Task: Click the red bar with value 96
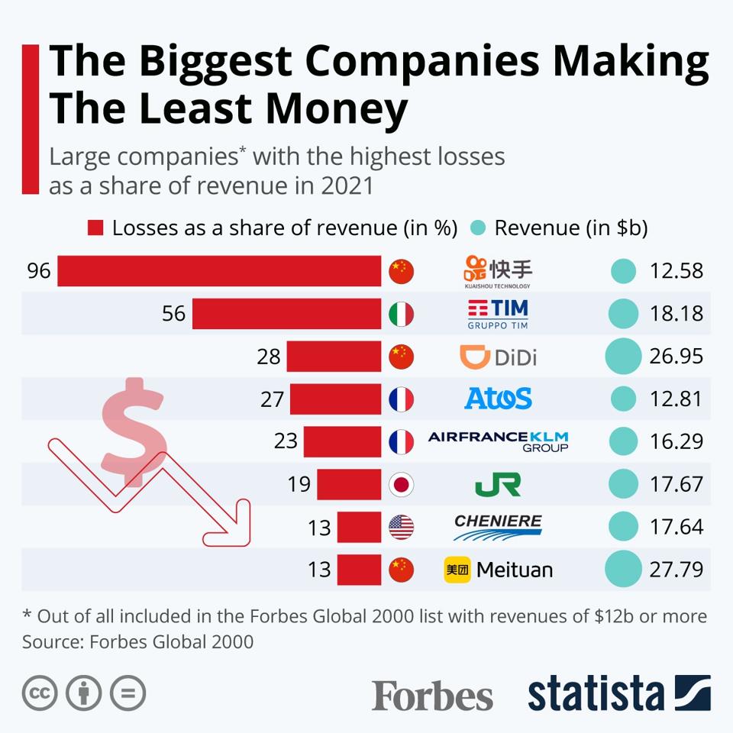point(219,271)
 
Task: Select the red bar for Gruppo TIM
point(286,314)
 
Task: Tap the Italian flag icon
point(401,314)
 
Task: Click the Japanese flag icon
point(401,484)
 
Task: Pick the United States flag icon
point(401,527)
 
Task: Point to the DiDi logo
point(498,357)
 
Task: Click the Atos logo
point(498,399)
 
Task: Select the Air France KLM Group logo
point(498,441)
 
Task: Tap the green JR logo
point(498,484)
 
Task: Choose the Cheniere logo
point(498,527)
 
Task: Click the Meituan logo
point(498,570)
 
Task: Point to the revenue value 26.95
point(676,357)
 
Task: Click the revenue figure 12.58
point(676,271)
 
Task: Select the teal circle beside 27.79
point(623,570)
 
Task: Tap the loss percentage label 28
point(269,357)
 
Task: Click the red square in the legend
point(95,228)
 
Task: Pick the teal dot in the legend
point(478,228)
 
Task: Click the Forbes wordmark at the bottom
point(432,695)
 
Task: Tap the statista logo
point(618,693)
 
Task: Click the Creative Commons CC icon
point(40,693)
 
